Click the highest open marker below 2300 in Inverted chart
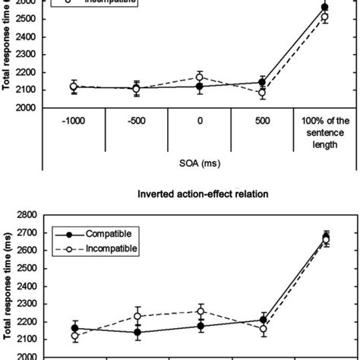coord(201,311)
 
